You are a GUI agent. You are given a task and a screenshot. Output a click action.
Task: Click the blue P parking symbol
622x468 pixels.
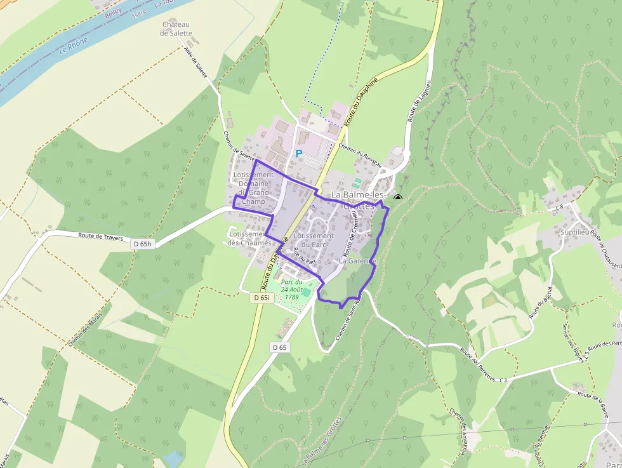(298, 154)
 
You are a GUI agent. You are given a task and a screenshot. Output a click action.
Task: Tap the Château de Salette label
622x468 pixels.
(176, 29)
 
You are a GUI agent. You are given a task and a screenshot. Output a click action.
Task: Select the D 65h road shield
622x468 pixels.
(143, 244)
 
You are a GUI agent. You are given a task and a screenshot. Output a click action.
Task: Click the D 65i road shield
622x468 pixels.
(262, 297)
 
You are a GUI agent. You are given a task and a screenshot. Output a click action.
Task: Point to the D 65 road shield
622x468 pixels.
(280, 347)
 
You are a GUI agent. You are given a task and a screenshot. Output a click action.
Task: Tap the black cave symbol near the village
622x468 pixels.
(398, 198)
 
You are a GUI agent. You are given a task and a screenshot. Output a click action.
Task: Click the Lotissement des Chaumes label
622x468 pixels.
(249, 238)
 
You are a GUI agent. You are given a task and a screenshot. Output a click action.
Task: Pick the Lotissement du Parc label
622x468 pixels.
(314, 240)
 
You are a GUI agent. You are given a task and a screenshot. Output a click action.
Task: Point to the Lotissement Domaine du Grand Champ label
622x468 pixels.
(253, 188)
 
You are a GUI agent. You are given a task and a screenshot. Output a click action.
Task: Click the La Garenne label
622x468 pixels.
(358, 261)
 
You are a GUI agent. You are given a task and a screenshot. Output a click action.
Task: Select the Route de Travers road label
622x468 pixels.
(99, 235)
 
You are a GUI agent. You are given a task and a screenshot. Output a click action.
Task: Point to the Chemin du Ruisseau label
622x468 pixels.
(360, 154)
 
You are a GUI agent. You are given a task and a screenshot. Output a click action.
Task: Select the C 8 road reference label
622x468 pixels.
(559, 207)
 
